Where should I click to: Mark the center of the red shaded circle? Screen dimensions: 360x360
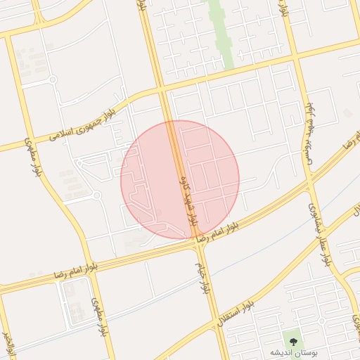pyautogui.click(x=180, y=179)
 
